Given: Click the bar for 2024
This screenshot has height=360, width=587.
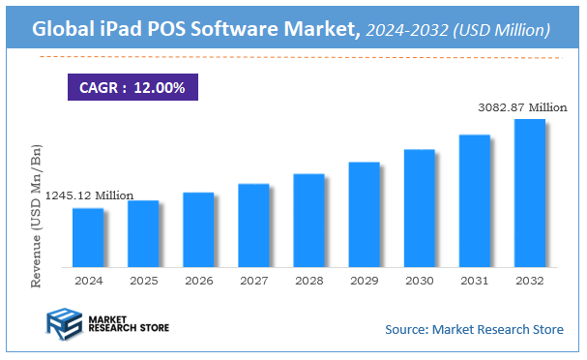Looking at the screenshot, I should pos(87,237).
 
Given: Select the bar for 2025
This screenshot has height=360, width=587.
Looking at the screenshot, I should pos(142,233).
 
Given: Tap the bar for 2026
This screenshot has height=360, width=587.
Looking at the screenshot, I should pos(197,229).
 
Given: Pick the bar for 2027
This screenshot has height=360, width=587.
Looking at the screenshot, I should pos(252,225).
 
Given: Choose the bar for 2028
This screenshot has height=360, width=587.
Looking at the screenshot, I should pos(308,220).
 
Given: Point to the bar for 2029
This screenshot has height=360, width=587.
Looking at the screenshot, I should pos(364,214).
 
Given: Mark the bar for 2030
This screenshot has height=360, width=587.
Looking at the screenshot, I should pos(419,208).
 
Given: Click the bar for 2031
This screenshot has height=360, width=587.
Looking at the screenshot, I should pos(474,200).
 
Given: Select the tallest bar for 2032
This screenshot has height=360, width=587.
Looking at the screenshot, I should pos(529,193).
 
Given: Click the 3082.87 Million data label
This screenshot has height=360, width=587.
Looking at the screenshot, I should pos(521,106).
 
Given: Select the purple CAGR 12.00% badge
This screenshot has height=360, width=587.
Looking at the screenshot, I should pos(132,86).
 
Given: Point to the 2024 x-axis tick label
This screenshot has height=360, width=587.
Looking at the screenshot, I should pos(87,281).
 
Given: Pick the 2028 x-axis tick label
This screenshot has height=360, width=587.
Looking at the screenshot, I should pos(308,281).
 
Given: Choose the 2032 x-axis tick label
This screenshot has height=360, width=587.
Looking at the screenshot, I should pos(529,281).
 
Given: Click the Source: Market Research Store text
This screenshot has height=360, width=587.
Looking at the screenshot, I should pos(474,330).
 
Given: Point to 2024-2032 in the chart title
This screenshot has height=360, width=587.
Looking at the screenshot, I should pos(407,31).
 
